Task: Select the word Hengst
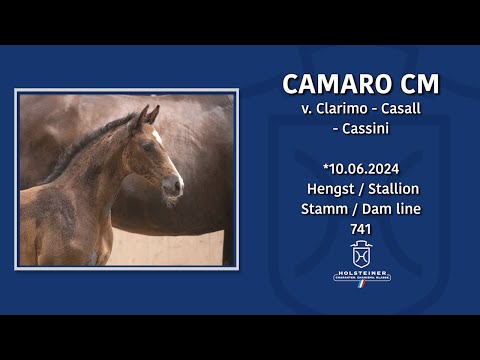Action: pyautogui.click(x=329, y=187)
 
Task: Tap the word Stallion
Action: pyautogui.click(x=391, y=187)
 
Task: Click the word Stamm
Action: pyautogui.click(x=325, y=208)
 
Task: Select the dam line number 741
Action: pyautogui.click(x=361, y=228)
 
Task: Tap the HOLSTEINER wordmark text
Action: pyautogui.click(x=361, y=270)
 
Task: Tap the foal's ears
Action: pyautogui.click(x=146, y=115)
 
